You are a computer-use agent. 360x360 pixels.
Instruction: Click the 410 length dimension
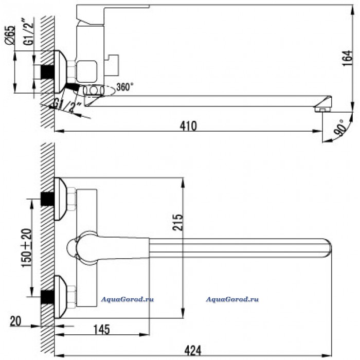coord(188,126)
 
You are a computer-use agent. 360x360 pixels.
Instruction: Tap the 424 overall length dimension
coord(193,351)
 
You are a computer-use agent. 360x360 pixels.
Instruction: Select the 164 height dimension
coord(347,58)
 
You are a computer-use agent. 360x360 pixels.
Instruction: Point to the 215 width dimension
coord(178,222)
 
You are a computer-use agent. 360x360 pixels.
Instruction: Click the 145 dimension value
coord(102,330)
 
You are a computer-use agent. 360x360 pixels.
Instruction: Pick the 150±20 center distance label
coord(27,248)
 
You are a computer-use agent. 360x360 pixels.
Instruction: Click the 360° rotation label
coord(125,87)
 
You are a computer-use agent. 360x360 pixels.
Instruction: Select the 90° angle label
coord(339,128)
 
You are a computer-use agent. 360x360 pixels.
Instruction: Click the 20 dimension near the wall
coord(15,321)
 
